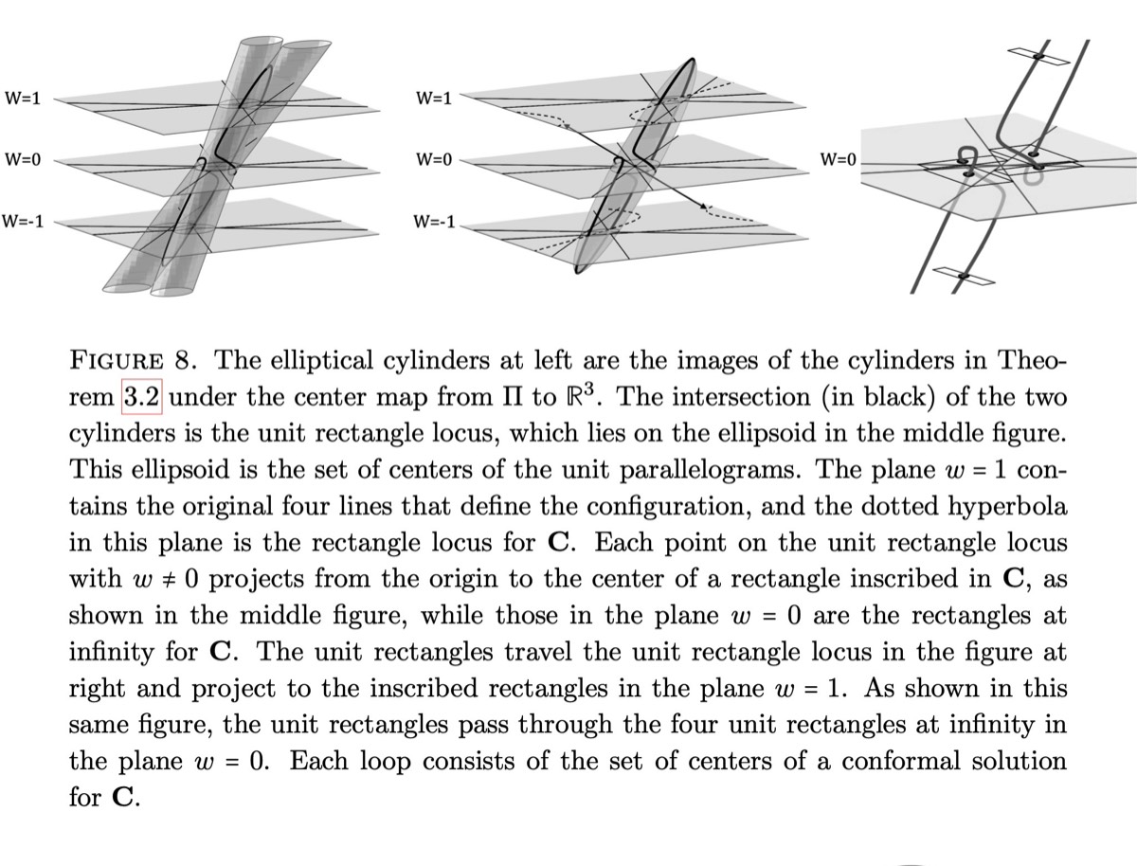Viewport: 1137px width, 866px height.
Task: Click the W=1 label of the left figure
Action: click(23, 98)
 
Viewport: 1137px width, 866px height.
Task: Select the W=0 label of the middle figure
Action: click(433, 160)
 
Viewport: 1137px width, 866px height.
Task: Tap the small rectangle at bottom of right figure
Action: click(959, 276)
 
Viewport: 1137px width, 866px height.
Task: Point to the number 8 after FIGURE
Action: click(186, 361)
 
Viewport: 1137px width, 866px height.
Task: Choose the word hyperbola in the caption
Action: click(1001, 507)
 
